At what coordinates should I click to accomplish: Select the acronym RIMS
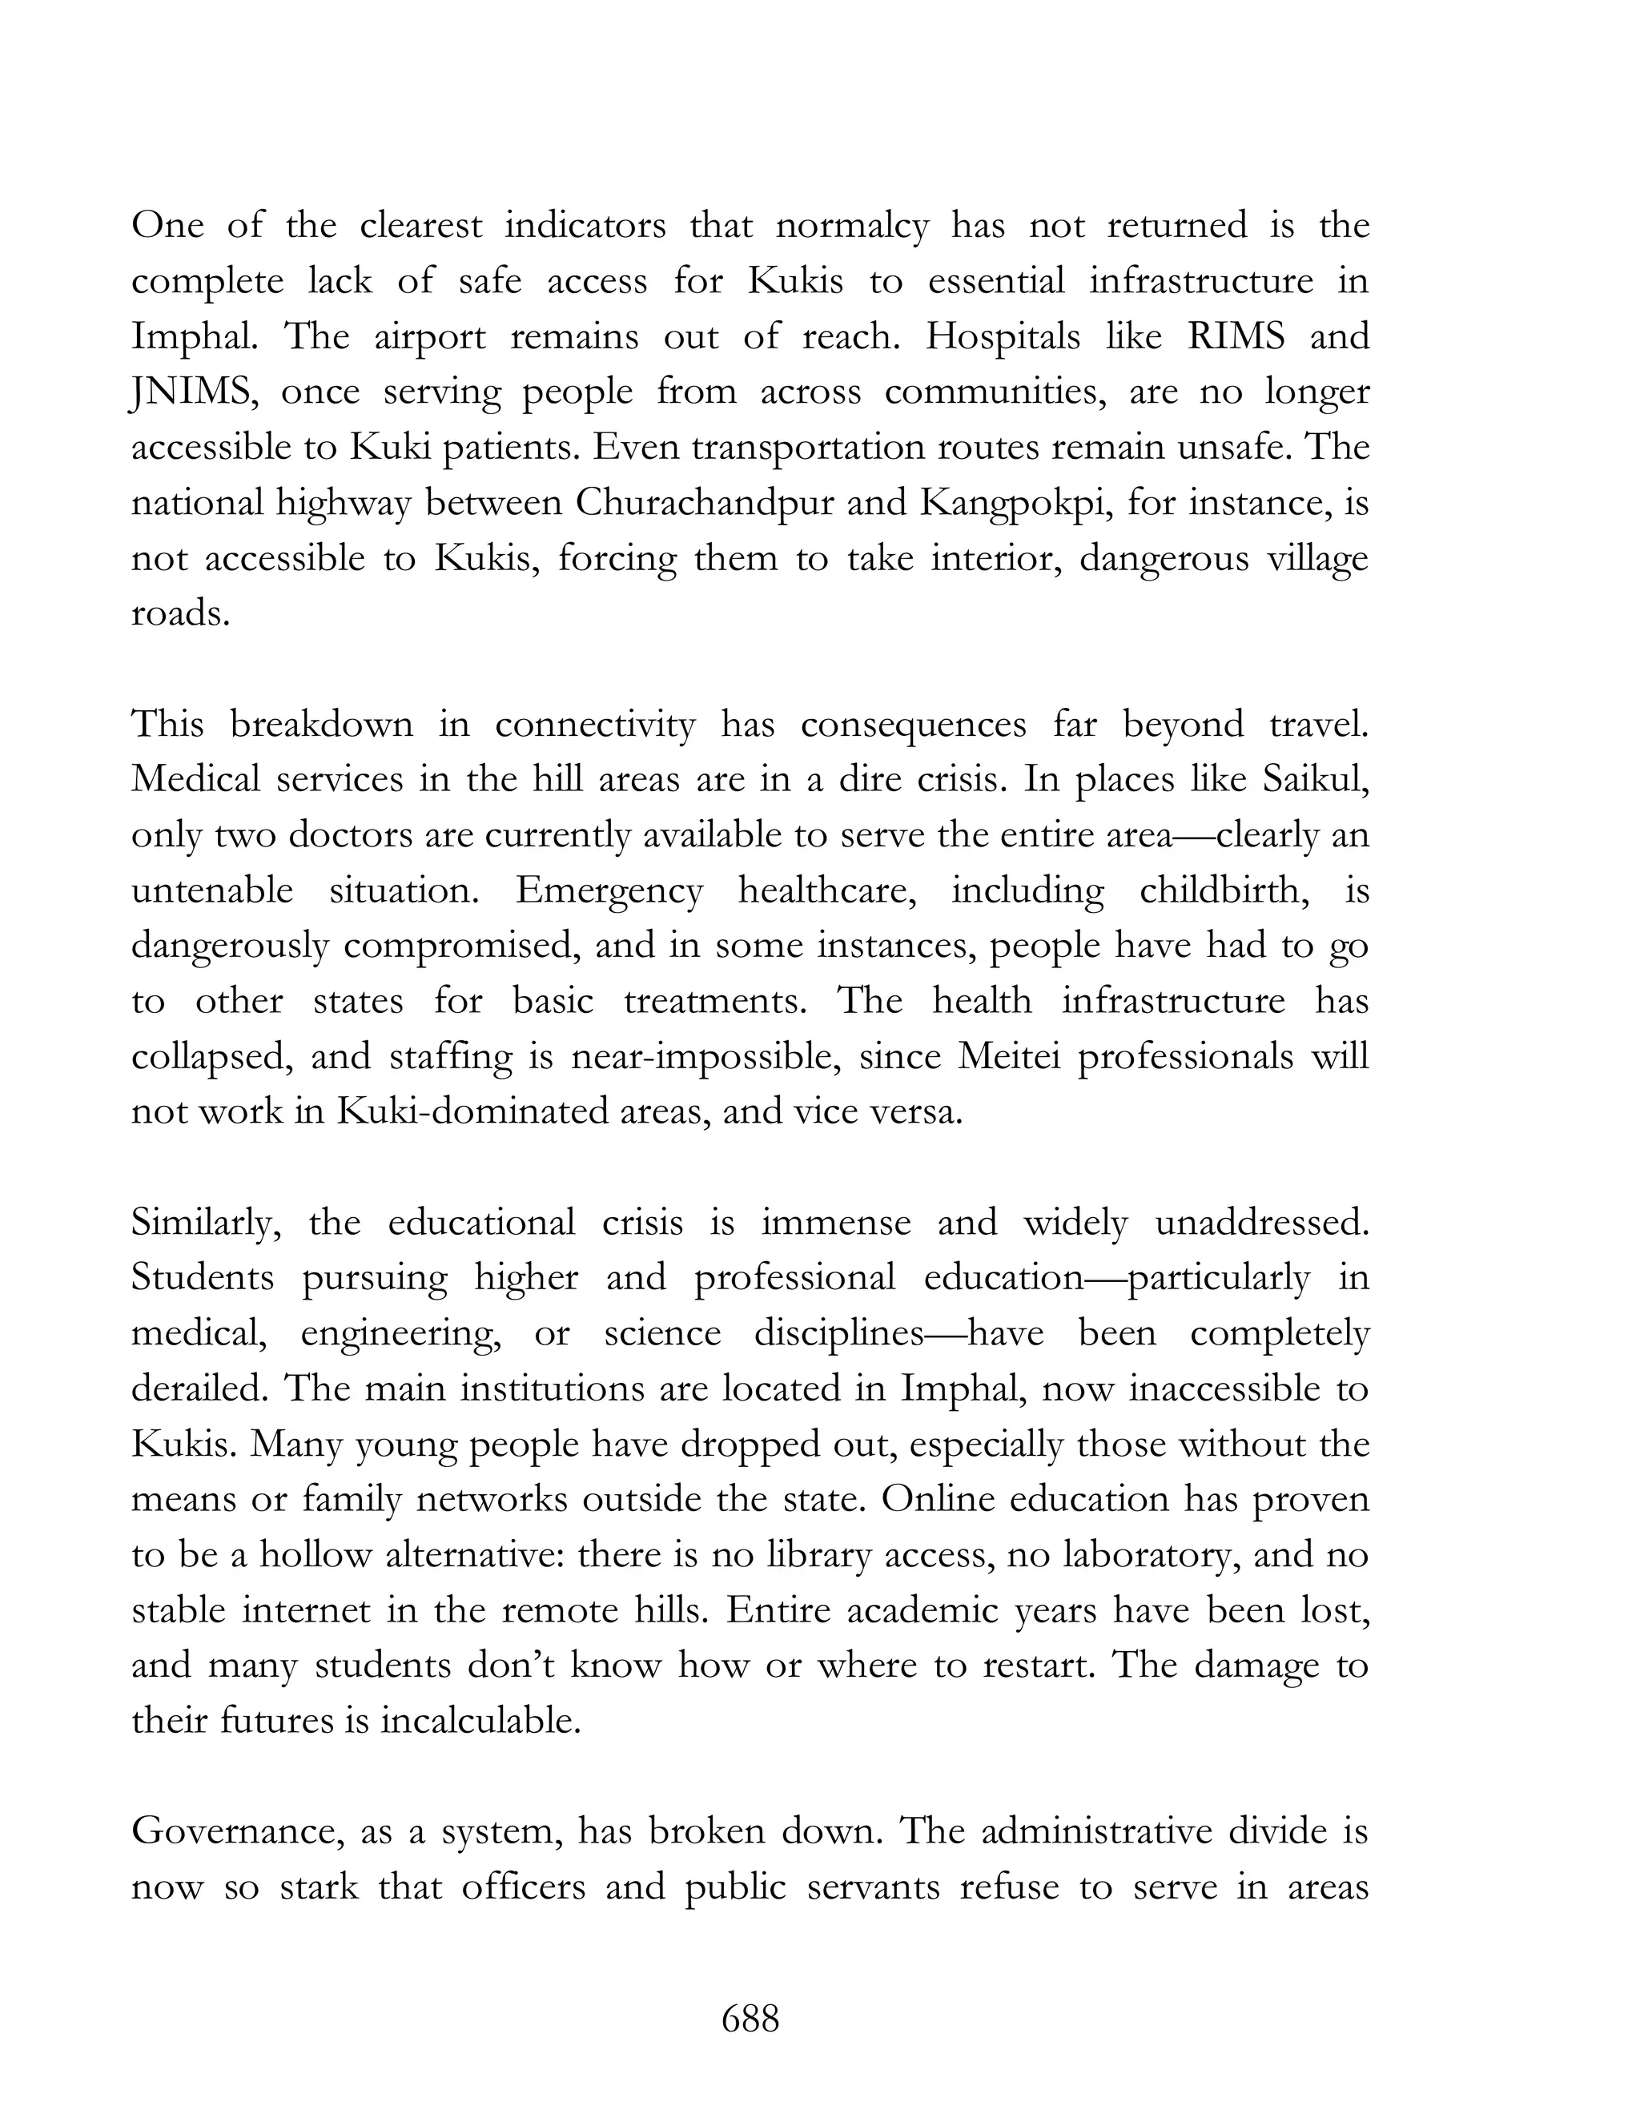point(1236,336)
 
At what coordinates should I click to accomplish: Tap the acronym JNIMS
point(192,392)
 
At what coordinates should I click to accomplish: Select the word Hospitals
point(1003,336)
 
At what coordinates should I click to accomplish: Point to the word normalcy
point(852,227)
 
